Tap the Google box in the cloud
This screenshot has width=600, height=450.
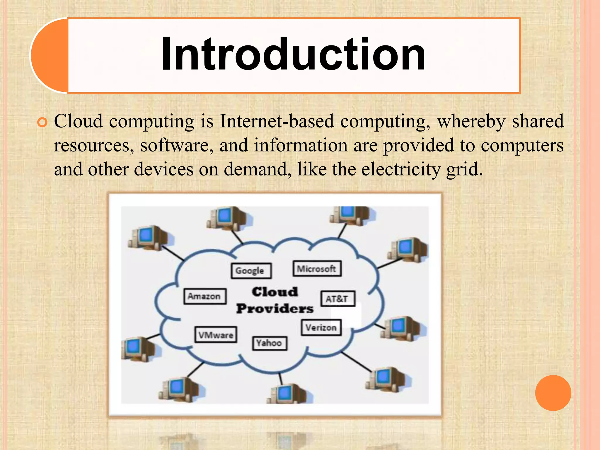(251, 271)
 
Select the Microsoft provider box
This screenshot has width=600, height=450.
(317, 269)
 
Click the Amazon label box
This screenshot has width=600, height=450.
(205, 296)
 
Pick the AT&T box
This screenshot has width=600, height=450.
(337, 299)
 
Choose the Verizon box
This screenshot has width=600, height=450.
(321, 327)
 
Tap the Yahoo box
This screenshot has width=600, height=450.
(269, 343)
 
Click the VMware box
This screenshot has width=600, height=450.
(216, 335)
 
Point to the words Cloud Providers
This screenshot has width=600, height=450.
(275, 300)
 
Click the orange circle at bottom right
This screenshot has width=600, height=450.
(553, 393)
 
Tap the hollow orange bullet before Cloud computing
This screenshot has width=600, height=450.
(42, 122)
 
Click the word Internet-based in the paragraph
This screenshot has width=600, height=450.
(277, 121)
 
